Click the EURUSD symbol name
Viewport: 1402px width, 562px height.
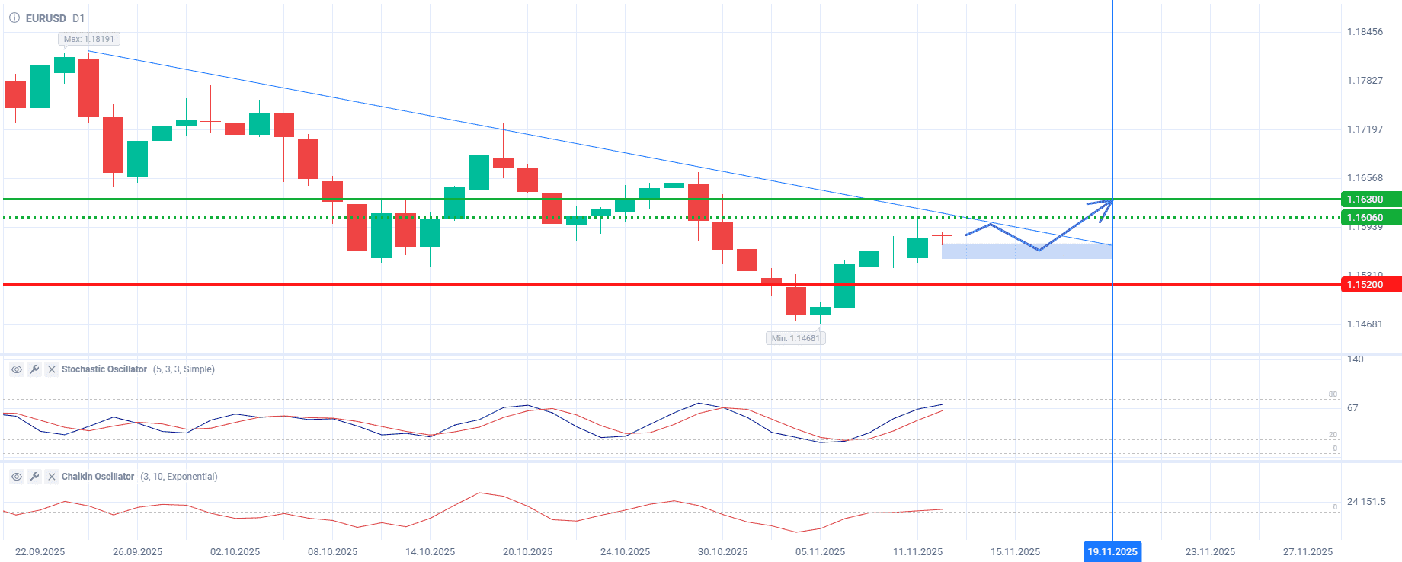[46, 18]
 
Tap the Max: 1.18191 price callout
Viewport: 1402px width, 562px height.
[89, 39]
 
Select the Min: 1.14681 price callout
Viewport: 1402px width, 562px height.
[795, 338]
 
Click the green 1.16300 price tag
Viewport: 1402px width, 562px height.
[1369, 200]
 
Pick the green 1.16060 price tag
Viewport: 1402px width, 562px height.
[1369, 218]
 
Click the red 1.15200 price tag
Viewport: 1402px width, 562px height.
[1369, 285]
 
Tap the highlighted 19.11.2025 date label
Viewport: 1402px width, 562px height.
[1112, 552]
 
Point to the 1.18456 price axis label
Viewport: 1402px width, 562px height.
[1365, 32]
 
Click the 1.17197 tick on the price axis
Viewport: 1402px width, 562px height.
[1365, 129]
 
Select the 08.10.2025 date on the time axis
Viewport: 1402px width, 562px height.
[332, 552]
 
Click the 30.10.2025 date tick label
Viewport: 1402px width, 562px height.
[722, 552]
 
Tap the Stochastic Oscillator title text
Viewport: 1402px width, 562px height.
[104, 369]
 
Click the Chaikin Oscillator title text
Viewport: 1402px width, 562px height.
[98, 477]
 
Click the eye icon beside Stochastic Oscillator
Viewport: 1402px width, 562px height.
[17, 369]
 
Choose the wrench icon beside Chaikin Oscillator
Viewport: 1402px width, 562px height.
[34, 477]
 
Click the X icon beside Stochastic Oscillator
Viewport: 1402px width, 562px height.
[52, 369]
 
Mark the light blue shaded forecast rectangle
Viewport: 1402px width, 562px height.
[1026, 251]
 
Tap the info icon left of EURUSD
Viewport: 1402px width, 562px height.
[14, 18]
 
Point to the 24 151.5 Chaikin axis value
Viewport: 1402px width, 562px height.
[1366, 502]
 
